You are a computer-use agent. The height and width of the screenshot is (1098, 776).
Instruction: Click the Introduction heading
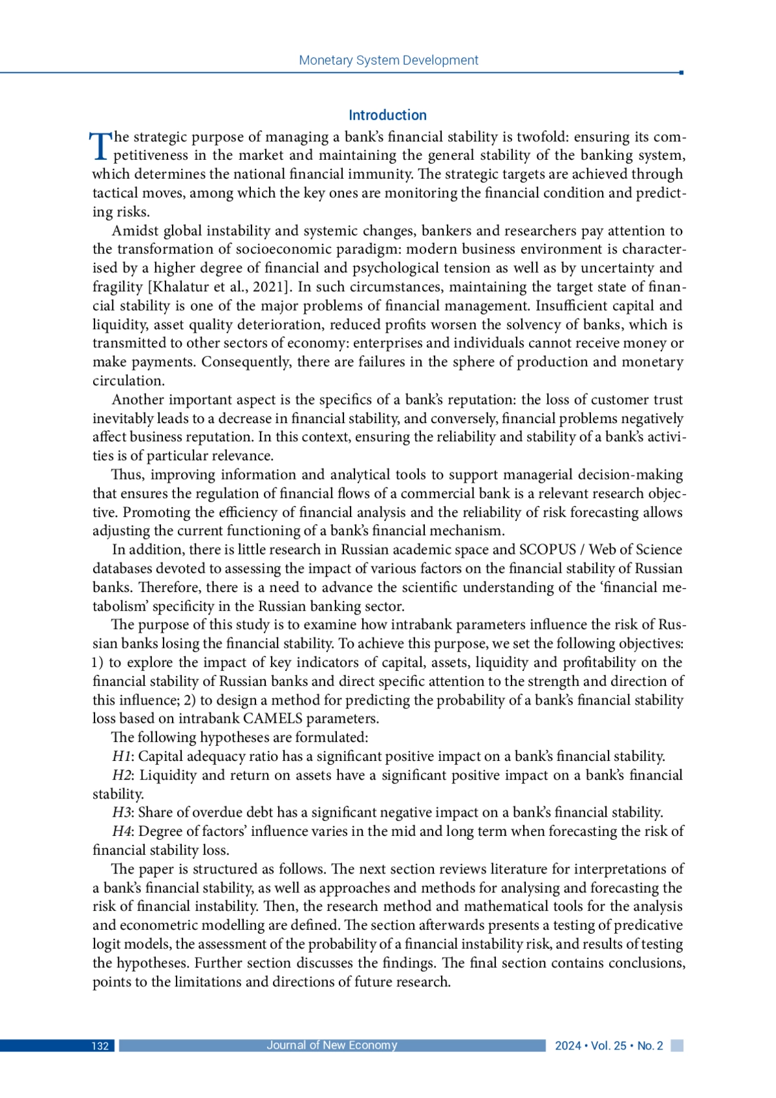tap(387, 115)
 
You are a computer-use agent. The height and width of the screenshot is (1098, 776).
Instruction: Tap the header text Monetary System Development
tap(388, 60)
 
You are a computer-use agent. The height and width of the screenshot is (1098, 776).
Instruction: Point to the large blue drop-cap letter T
tap(100, 145)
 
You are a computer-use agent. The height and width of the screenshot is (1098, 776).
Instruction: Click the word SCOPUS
tap(547, 549)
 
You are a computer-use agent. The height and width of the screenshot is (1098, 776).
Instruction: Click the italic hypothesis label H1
tap(121, 756)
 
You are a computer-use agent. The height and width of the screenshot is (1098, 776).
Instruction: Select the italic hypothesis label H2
tap(122, 775)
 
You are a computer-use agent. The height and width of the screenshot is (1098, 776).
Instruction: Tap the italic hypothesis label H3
tap(121, 813)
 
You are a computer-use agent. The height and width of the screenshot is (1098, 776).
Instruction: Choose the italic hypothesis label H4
tap(122, 831)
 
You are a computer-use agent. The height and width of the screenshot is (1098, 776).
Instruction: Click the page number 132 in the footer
tap(100, 1046)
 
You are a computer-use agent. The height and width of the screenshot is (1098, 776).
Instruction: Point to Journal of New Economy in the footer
tap(332, 1045)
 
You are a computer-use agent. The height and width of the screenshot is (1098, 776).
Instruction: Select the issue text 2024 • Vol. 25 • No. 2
tap(609, 1046)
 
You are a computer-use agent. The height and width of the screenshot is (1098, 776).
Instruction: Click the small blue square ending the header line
tap(682, 72)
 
